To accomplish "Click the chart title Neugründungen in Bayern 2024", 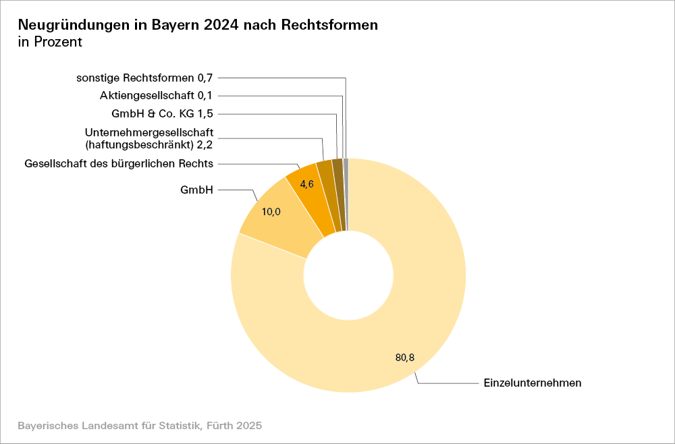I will pyautogui.click(x=198, y=25).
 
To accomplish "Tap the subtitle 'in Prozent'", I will pyautogui.click(x=50, y=42).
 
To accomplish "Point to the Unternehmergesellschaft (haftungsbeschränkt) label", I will pyautogui.click(x=154, y=138).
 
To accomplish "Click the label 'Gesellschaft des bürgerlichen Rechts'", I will pyautogui.click(x=119, y=163).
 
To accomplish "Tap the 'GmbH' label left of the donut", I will pyautogui.click(x=196, y=190).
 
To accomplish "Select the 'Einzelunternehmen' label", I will pyautogui.click(x=533, y=383).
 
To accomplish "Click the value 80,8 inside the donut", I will pyautogui.click(x=405, y=358).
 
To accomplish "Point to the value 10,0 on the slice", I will pyautogui.click(x=271, y=212).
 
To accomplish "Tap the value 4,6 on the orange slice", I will pyautogui.click(x=307, y=184).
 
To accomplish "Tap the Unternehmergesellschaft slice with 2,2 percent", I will pyautogui.click(x=327, y=196).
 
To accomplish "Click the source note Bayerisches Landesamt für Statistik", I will pyautogui.click(x=139, y=426).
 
